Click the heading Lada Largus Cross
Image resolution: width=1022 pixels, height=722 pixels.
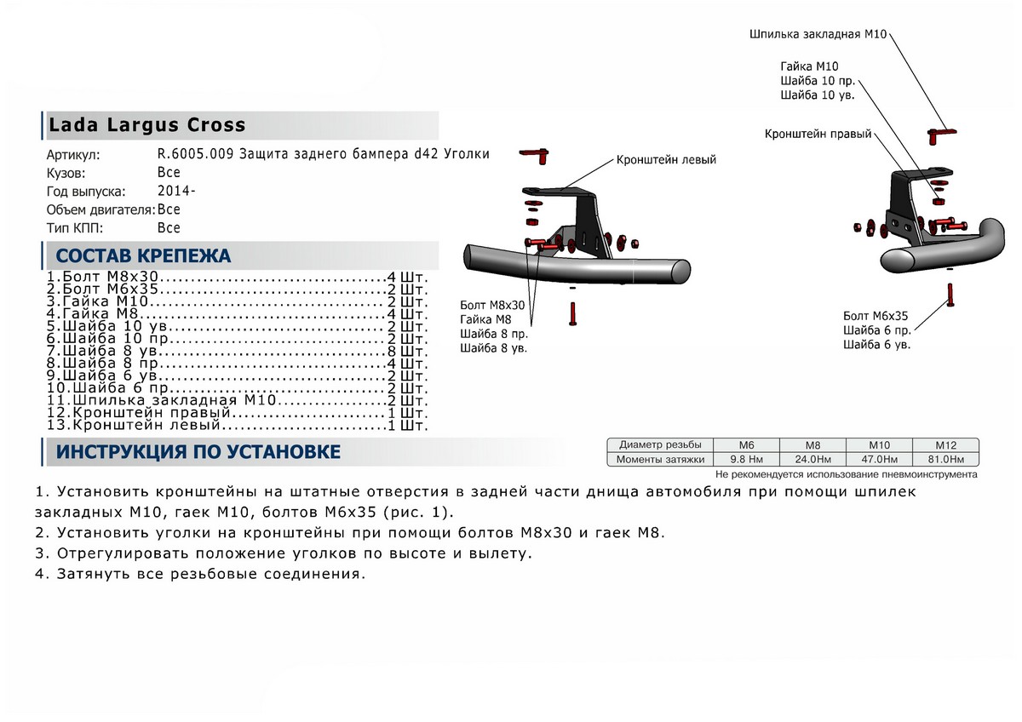pyautogui.click(x=146, y=125)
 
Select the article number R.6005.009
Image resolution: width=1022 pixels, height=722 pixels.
pyautogui.click(x=194, y=154)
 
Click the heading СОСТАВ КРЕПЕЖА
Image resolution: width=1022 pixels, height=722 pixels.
pyautogui.click(x=143, y=256)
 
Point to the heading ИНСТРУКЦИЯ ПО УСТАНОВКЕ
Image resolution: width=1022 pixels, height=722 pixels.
pyautogui.click(x=198, y=452)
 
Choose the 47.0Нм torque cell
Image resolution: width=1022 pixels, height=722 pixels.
pyautogui.click(x=879, y=460)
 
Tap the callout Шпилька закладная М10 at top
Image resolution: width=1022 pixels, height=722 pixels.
pyautogui.click(x=818, y=35)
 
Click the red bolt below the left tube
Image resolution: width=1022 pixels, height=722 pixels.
pyautogui.click(x=571, y=312)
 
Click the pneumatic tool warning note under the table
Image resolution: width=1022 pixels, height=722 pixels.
pyautogui.click(x=847, y=474)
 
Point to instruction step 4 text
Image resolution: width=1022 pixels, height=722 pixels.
pyautogui.click(x=201, y=574)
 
